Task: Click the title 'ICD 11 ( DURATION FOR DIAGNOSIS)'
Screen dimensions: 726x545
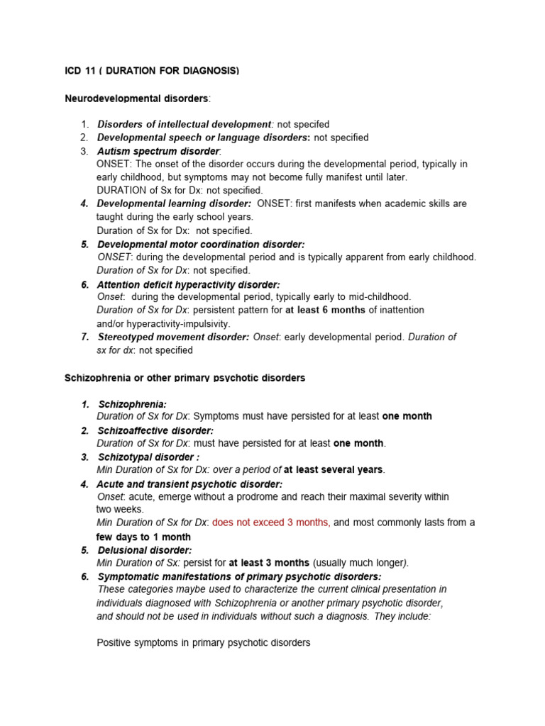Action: tap(152, 71)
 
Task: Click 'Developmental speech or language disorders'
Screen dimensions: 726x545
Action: tap(204, 138)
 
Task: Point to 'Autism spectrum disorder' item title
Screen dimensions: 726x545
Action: tap(158, 151)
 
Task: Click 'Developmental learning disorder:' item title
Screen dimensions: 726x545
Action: tap(174, 203)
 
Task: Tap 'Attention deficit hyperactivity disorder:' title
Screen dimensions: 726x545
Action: tap(189, 284)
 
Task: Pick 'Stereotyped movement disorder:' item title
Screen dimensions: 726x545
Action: tap(173, 337)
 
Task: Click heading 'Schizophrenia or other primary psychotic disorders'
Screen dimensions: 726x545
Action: tap(185, 378)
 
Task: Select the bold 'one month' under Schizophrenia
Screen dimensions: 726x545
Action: tap(407, 416)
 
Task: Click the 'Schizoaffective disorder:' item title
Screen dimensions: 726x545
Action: tap(155, 430)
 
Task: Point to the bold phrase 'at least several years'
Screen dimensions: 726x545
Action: tap(333, 469)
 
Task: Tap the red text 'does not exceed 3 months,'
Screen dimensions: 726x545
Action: tap(270, 523)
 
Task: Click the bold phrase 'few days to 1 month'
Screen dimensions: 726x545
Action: tap(143, 537)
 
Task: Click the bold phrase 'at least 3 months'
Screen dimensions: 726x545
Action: tap(269, 563)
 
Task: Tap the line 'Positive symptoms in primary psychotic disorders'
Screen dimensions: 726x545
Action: tap(204, 643)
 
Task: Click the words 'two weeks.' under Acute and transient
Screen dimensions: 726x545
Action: tap(120, 509)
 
